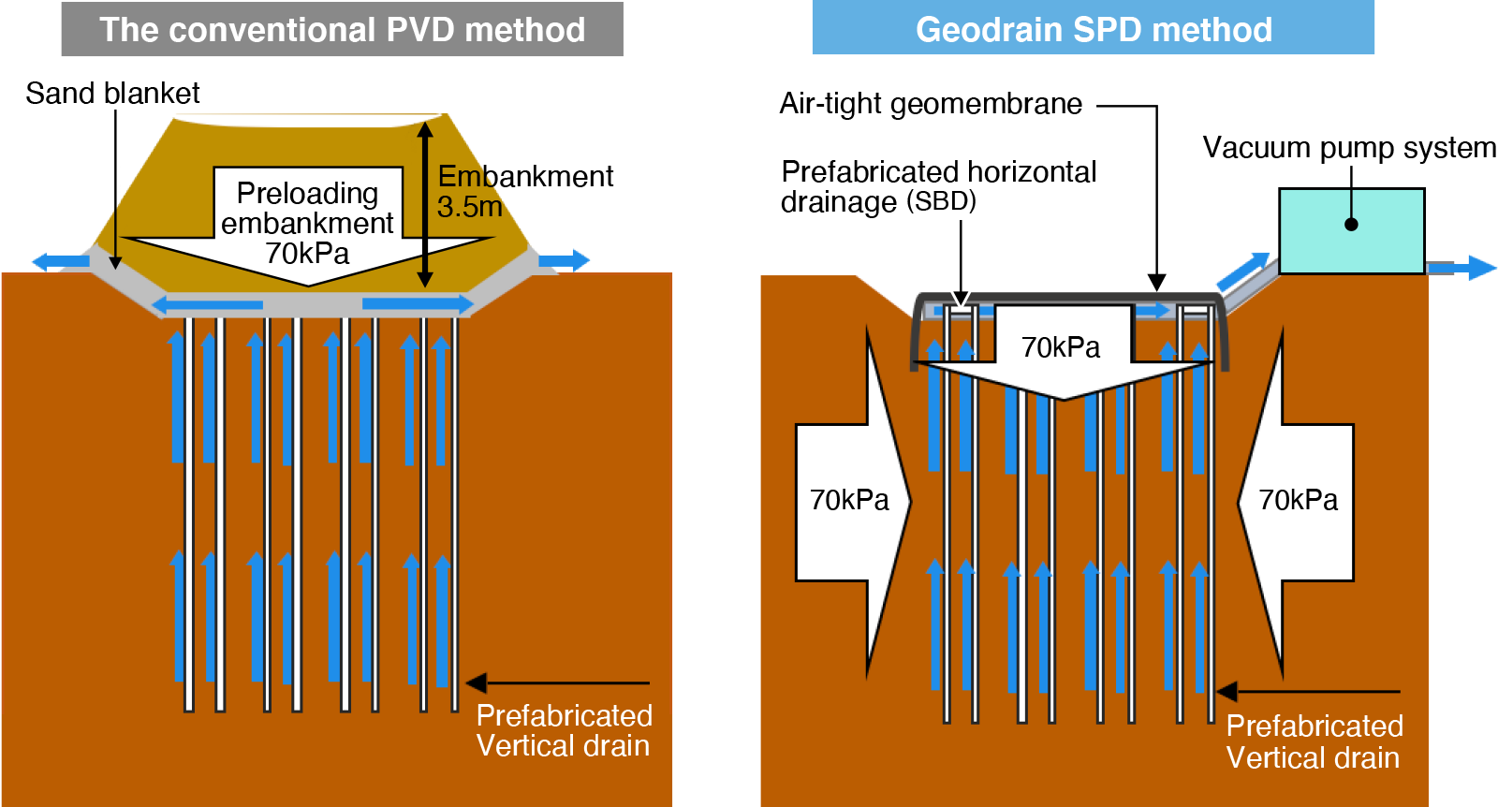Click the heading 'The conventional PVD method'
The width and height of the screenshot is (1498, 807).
pyautogui.click(x=342, y=30)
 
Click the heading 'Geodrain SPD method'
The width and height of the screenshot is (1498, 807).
pyautogui.click(x=1094, y=30)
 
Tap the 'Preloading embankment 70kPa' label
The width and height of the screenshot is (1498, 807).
pyautogui.click(x=307, y=223)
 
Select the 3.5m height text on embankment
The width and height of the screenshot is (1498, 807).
pyautogui.click(x=469, y=207)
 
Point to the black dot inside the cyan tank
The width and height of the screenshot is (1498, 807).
pyautogui.click(x=1351, y=224)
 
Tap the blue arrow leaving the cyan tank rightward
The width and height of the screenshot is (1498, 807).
pyautogui.click(x=1461, y=268)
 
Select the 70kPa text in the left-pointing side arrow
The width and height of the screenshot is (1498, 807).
pyautogui.click(x=1298, y=501)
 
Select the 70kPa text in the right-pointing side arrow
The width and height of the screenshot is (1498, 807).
pyautogui.click(x=849, y=501)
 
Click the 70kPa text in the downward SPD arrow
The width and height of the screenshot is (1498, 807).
pyautogui.click(x=1061, y=348)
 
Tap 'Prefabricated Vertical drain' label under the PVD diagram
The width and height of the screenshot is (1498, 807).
pyautogui.click(x=564, y=731)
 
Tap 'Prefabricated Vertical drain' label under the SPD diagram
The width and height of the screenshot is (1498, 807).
pyautogui.click(x=1314, y=741)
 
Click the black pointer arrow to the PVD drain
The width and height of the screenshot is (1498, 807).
pyautogui.click(x=557, y=682)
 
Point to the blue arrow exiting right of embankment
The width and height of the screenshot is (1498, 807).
pyautogui.click(x=565, y=260)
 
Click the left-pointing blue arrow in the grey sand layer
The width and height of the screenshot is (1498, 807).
pyautogui.click(x=208, y=304)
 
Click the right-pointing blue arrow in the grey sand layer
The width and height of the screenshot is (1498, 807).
pyautogui.click(x=417, y=303)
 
